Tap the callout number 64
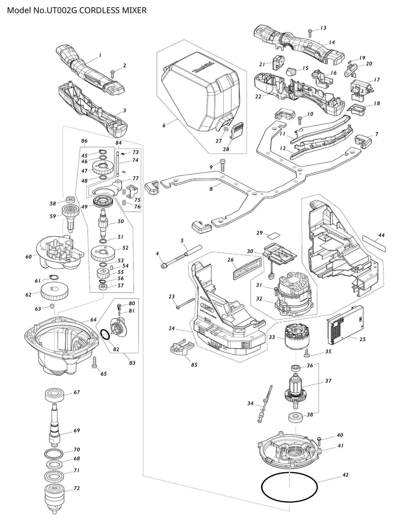(93, 320)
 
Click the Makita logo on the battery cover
(204, 67)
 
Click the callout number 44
(381, 235)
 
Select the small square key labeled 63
(51, 306)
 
